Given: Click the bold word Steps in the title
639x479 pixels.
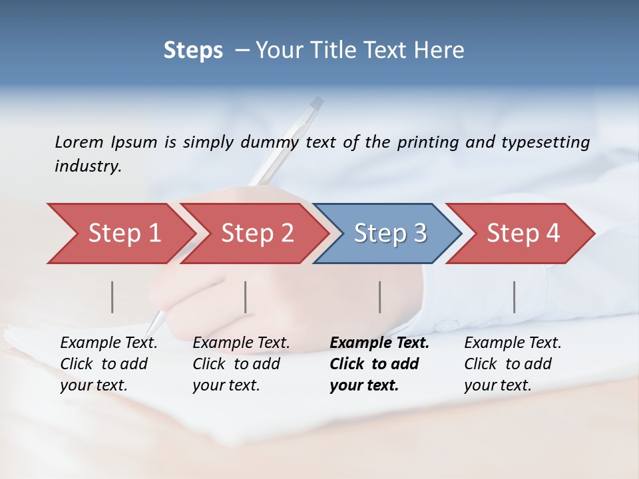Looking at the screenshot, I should tap(193, 51).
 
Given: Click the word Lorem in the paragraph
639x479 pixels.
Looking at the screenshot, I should tap(79, 142).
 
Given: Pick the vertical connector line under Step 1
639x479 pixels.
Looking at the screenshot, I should tap(112, 297).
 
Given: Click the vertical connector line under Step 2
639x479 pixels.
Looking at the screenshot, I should tap(246, 297).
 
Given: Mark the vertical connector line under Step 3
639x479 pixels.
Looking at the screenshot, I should tap(380, 297).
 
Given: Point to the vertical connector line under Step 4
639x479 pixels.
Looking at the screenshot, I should tap(515, 297).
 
